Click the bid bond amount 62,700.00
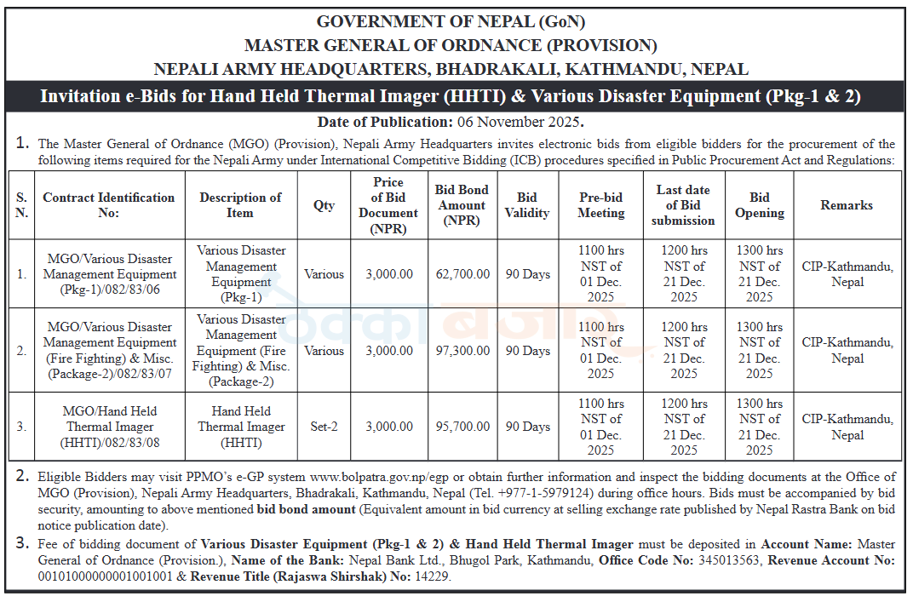click(x=462, y=274)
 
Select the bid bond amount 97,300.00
click(x=462, y=351)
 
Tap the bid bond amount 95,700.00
click(x=462, y=427)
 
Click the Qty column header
click(x=324, y=205)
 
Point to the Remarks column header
click(x=847, y=205)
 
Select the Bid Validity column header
click(x=527, y=205)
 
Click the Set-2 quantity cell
click(x=324, y=427)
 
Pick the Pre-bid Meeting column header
click(x=601, y=205)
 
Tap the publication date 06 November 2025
click(x=519, y=122)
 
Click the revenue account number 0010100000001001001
click(x=106, y=576)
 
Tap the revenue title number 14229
click(x=432, y=576)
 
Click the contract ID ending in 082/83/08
click(x=110, y=427)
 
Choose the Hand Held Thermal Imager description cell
click(x=241, y=427)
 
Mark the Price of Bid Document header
click(x=388, y=205)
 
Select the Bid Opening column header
click(x=760, y=205)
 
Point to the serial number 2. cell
click(x=21, y=351)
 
